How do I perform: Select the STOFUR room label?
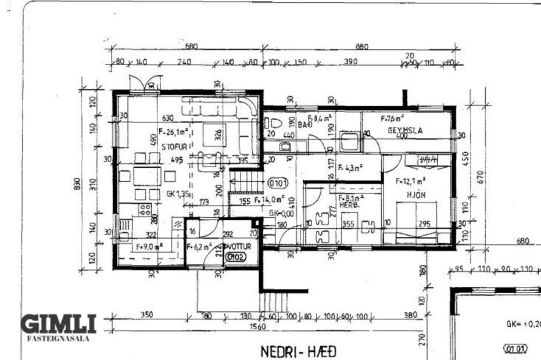pos(159,147)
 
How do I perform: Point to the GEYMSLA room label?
pos(404,131)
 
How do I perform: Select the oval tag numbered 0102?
pos(235,257)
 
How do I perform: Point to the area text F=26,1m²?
pos(175,131)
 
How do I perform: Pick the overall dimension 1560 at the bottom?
pos(257,327)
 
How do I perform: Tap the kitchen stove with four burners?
pos(145,210)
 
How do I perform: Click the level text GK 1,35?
pos(179,194)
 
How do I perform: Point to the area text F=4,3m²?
pos(350,168)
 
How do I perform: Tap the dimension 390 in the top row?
pos(350,62)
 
